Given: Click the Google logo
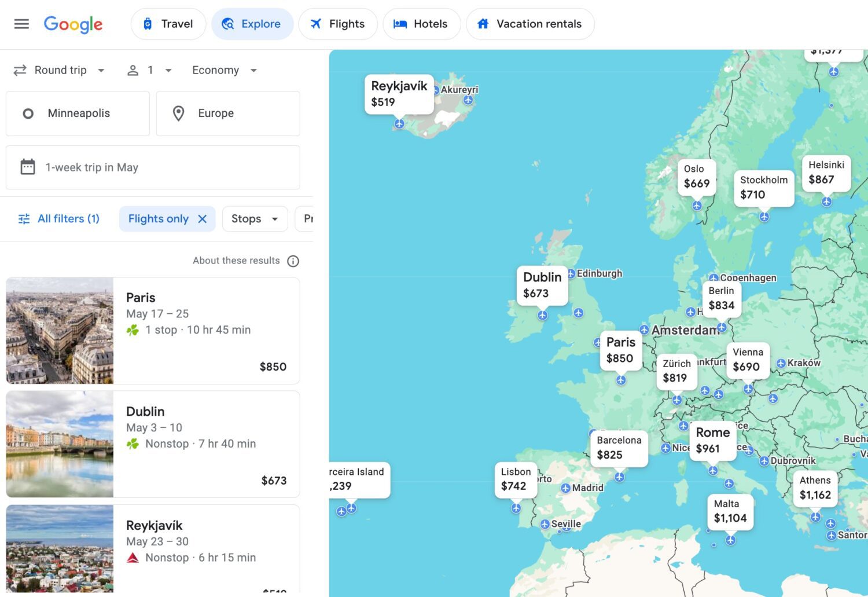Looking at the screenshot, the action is (x=73, y=24).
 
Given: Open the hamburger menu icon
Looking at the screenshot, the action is (x=21, y=24).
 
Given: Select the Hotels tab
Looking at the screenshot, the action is (x=421, y=24).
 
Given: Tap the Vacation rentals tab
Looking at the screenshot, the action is (x=529, y=24).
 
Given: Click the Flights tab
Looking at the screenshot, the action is (x=338, y=24).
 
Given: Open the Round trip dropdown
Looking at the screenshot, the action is (x=60, y=70).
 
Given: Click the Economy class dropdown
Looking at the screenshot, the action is (x=225, y=70).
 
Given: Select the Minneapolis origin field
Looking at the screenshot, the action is (x=78, y=113).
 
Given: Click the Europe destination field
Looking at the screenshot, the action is (x=228, y=113).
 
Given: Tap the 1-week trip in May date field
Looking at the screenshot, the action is (x=153, y=167).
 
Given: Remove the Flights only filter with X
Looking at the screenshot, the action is (x=203, y=219).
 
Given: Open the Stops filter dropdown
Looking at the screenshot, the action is (x=255, y=219).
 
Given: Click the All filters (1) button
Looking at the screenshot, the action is (x=59, y=219).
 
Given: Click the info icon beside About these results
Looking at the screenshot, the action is (x=293, y=261).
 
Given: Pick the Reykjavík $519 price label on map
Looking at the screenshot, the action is (x=399, y=94).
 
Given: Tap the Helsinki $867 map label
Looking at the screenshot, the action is (x=826, y=173).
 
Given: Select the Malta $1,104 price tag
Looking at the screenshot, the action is (x=730, y=511).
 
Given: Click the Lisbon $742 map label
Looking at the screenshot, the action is (x=515, y=479).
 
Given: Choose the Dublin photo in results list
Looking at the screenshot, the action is (x=60, y=444).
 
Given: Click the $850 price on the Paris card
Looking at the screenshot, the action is (x=273, y=367).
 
